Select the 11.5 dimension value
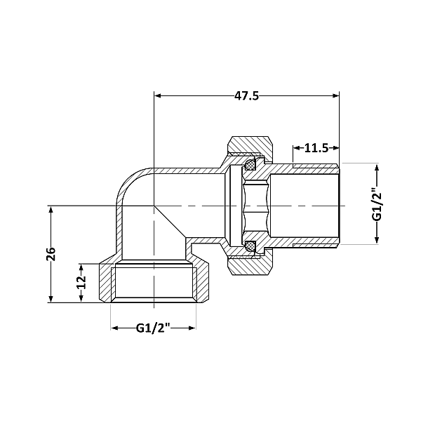tap(316, 148)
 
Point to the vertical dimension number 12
tap(81, 282)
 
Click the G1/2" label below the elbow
tap(153, 328)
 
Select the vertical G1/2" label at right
tap(376, 203)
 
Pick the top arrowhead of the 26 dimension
tap(51, 210)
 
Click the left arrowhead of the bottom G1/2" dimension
tap(115, 328)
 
